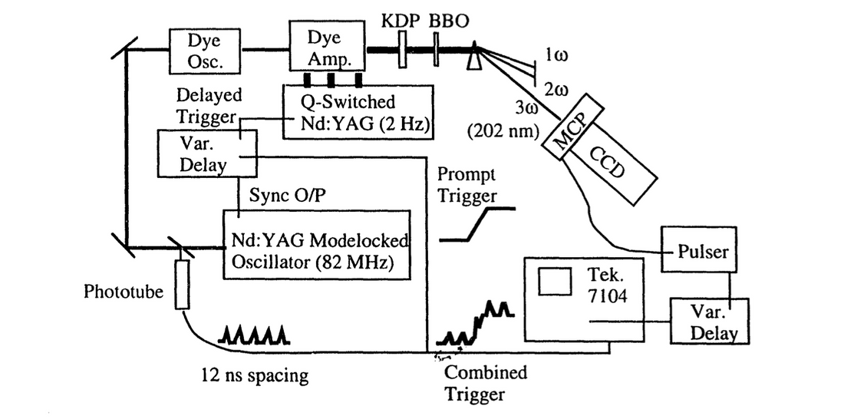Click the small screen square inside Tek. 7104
point(555,282)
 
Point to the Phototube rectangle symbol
point(182,284)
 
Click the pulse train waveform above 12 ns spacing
point(254,335)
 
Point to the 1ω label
point(558,55)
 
